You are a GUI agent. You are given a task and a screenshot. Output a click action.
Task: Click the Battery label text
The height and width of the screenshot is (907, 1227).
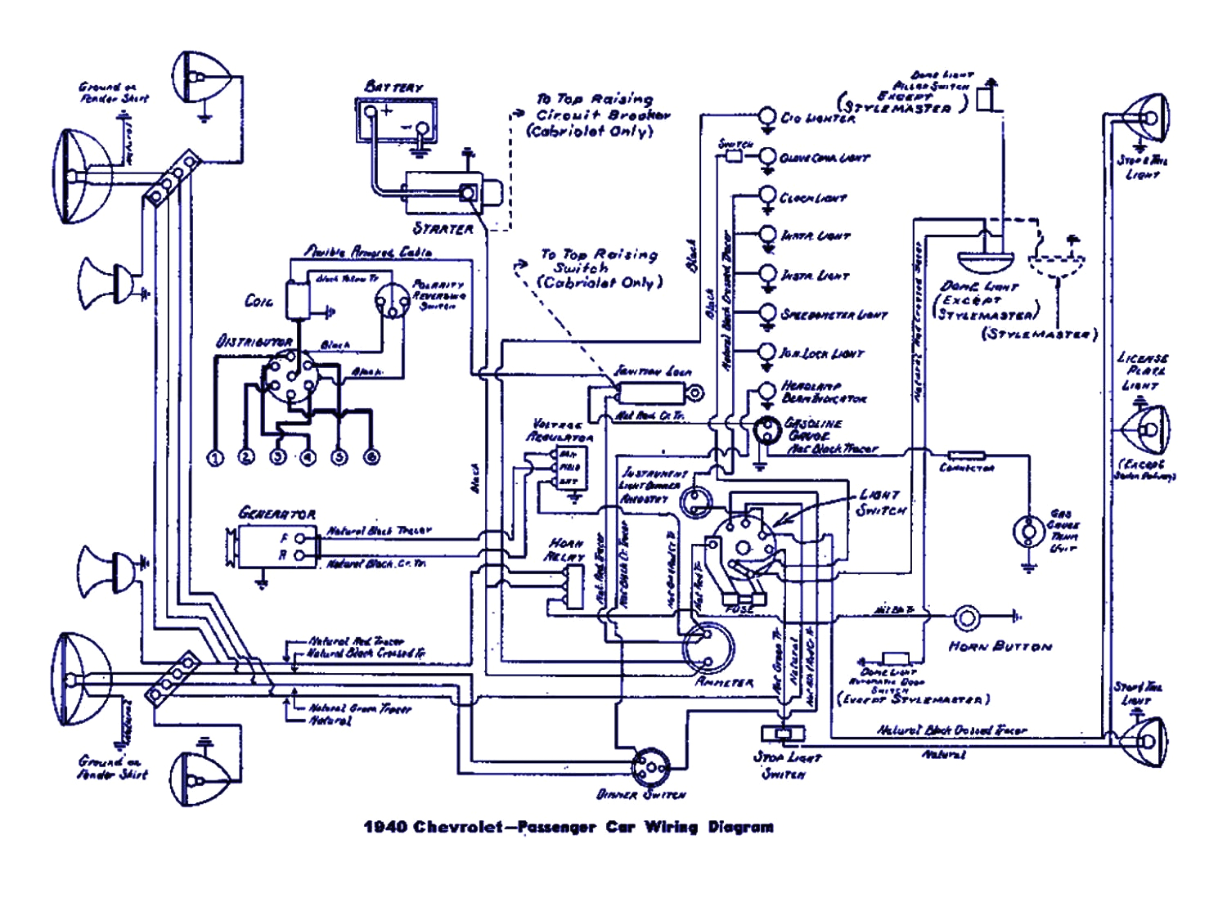(393, 87)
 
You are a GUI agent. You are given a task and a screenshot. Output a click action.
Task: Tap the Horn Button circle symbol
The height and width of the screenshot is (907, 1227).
(966, 617)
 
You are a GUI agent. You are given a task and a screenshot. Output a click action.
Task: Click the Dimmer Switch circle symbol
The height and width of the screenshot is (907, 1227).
(650, 766)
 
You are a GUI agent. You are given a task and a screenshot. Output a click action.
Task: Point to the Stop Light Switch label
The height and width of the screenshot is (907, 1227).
(786, 765)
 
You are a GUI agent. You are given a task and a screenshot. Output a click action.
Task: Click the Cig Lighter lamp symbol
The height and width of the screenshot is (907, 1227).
(766, 116)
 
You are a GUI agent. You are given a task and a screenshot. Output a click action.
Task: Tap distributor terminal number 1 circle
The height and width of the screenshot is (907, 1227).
(215, 457)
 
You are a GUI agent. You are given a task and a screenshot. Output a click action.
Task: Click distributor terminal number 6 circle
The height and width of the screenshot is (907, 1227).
(371, 457)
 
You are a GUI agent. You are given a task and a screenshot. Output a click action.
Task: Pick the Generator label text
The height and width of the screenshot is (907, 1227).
(276, 514)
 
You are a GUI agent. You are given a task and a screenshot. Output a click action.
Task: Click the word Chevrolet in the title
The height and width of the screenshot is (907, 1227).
(458, 827)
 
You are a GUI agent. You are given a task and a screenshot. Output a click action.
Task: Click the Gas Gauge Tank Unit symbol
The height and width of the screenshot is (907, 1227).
(1027, 532)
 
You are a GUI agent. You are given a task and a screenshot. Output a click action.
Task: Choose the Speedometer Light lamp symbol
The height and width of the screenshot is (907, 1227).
(766, 312)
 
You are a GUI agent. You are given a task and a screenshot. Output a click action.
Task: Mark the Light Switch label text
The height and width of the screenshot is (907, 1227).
(881, 503)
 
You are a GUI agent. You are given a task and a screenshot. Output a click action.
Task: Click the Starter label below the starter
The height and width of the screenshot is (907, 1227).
(443, 229)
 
